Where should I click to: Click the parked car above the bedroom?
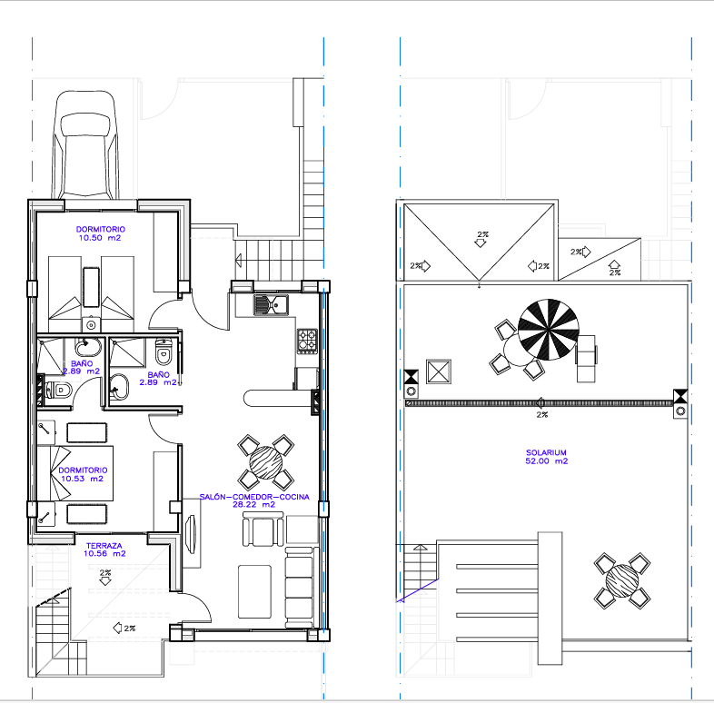coord(85,145)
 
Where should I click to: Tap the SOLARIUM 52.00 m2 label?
coord(547,457)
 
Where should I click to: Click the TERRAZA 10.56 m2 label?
coord(104,550)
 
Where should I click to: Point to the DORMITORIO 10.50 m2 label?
coord(100,233)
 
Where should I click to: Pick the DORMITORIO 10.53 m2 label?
coord(83,474)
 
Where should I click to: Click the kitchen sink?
coord(271,304)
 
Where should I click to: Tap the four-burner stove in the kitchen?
coord(307,341)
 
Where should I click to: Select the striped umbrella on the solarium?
coord(549,330)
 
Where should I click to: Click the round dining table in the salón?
coord(266,462)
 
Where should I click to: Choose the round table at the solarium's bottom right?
coord(622,580)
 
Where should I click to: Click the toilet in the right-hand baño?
coord(164,352)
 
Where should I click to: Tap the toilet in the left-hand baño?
coord(58,391)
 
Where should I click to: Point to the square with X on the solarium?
coord(439,372)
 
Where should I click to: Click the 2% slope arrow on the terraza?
coord(105,578)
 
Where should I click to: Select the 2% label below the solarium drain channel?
coord(542,415)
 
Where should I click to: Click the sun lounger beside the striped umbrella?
coord(586,359)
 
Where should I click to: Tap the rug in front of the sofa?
coord(255,591)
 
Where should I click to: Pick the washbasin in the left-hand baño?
coord(88,347)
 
